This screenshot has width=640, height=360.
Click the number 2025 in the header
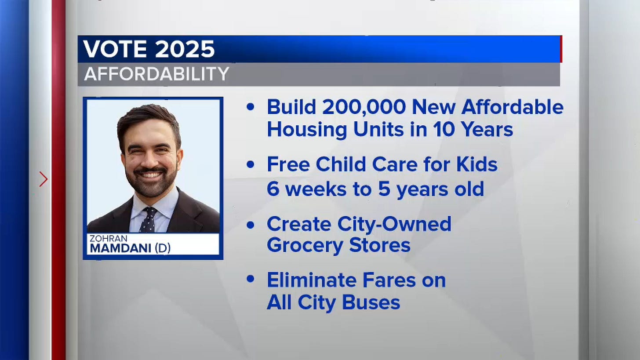point(185,49)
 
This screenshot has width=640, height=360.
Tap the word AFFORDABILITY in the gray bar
point(156,74)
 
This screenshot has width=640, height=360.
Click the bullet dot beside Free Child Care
point(251,165)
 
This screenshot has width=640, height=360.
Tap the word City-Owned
point(394,224)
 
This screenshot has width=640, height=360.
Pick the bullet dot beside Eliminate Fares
point(251,279)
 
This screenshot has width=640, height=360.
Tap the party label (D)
point(162,248)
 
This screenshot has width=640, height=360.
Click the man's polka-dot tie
point(148,219)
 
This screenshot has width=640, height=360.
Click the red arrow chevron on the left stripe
point(43,179)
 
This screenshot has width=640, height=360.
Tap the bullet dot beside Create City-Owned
point(251,225)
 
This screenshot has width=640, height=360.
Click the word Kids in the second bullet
point(477,165)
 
